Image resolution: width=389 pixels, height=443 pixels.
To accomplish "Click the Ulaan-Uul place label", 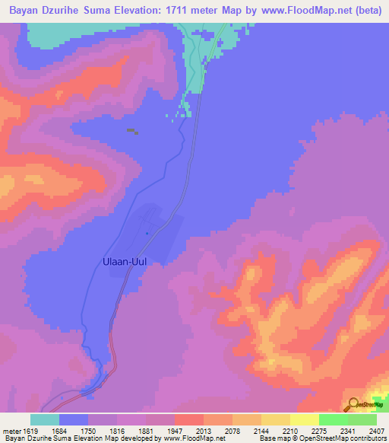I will coord(124,261).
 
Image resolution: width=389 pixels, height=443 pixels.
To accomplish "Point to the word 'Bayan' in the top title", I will coord(21,8).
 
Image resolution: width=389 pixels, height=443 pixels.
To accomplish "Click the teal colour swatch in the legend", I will coord(45,419).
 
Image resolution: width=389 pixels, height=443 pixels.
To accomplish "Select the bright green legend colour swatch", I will coord(334,419).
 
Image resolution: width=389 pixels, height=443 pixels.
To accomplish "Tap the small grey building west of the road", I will coord(132,131).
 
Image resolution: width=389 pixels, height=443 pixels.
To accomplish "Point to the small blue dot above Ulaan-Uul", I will coord(147,233).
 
